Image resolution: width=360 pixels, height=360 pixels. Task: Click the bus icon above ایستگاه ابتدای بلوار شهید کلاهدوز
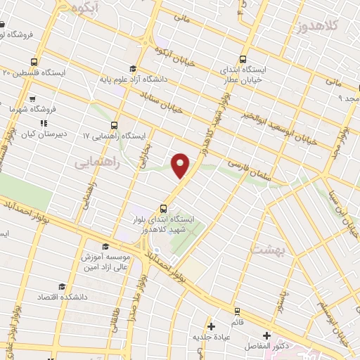point(163,208)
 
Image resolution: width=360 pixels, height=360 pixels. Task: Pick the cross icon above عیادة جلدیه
point(211,326)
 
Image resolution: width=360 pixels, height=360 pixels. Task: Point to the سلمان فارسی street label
point(243,167)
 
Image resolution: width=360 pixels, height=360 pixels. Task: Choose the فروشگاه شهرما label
point(22,110)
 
